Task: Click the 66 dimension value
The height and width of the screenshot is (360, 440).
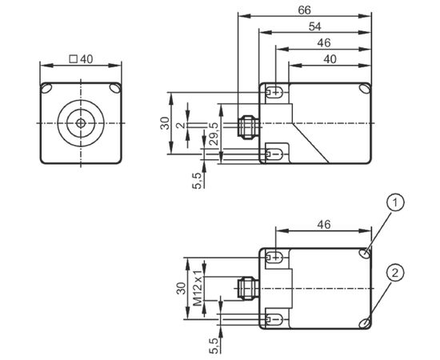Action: tap(305, 10)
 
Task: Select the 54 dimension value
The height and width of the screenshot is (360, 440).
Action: tap(315, 27)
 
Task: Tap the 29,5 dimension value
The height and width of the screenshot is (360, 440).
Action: tap(214, 134)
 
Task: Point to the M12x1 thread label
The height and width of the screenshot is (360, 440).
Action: tap(198, 288)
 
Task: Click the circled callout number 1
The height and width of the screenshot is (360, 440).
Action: tap(395, 202)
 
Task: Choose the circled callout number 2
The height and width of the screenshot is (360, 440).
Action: tap(395, 273)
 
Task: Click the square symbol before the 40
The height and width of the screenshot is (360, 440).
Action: tap(74, 59)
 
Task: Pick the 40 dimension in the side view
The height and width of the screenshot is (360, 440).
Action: tap(330, 59)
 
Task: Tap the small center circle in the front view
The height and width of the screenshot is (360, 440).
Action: tap(81, 123)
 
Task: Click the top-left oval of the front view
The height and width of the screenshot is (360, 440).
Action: tap(46, 88)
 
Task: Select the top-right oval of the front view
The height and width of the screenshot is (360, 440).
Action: tap(115, 88)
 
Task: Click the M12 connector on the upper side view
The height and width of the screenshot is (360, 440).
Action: tap(248, 127)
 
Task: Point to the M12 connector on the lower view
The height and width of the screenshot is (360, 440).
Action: tap(248, 289)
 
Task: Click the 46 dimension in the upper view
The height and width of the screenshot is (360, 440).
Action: tap(324, 43)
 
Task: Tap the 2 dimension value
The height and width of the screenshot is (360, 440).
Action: tap(182, 125)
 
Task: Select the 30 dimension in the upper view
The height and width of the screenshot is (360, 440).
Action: tap(165, 123)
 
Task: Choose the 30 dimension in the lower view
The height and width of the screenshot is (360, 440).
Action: tap(182, 289)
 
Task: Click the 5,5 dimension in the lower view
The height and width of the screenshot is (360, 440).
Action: tap(214, 346)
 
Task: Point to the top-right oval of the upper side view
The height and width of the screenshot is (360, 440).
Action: tap(365, 88)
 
